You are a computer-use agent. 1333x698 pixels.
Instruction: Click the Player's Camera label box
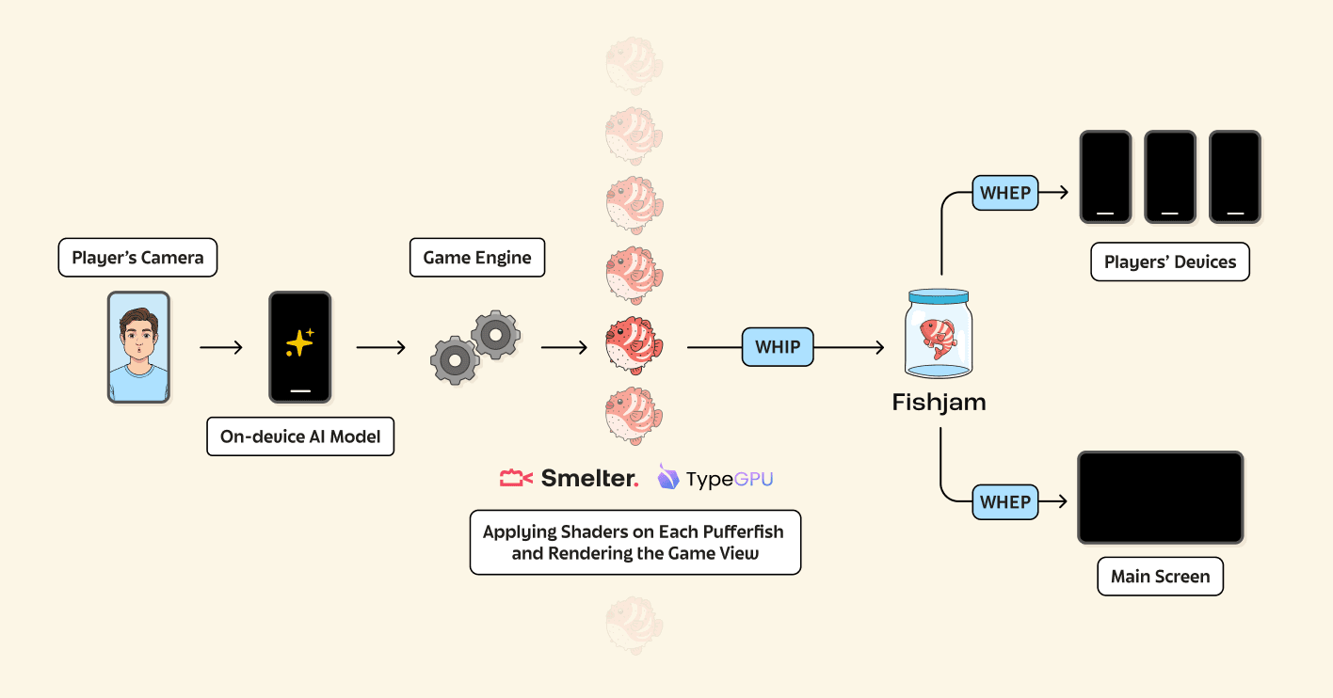pyautogui.click(x=137, y=258)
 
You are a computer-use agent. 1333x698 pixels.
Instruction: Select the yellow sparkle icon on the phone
pyautogui.click(x=299, y=343)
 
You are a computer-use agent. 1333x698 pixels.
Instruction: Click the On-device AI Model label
pyautogui.click(x=300, y=436)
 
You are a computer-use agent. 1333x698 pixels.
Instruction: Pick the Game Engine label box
pyautogui.click(x=477, y=258)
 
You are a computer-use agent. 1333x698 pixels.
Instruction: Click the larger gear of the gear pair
pyautogui.click(x=495, y=335)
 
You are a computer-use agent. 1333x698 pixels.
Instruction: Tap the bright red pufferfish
pyautogui.click(x=634, y=345)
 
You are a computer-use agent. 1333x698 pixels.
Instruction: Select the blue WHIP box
pyautogui.click(x=778, y=347)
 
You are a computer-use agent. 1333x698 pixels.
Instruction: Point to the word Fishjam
pyautogui.click(x=939, y=403)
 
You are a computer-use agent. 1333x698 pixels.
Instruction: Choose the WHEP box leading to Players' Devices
pyautogui.click(x=1005, y=193)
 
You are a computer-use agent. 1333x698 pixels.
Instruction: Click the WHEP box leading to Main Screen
pyautogui.click(x=1005, y=501)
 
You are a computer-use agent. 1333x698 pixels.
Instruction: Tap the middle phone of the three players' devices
pyautogui.click(x=1170, y=177)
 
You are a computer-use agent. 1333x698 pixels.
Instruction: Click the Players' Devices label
pyautogui.click(x=1170, y=262)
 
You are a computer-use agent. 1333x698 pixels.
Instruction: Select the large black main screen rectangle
pyautogui.click(x=1161, y=497)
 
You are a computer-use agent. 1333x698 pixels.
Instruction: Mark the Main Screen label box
pyautogui.click(x=1160, y=577)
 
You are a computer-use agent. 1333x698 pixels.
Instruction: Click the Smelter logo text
pyautogui.click(x=589, y=479)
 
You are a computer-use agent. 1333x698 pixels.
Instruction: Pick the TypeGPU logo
pyautogui.click(x=715, y=479)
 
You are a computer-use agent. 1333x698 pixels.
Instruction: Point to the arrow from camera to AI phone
pyautogui.click(x=221, y=347)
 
